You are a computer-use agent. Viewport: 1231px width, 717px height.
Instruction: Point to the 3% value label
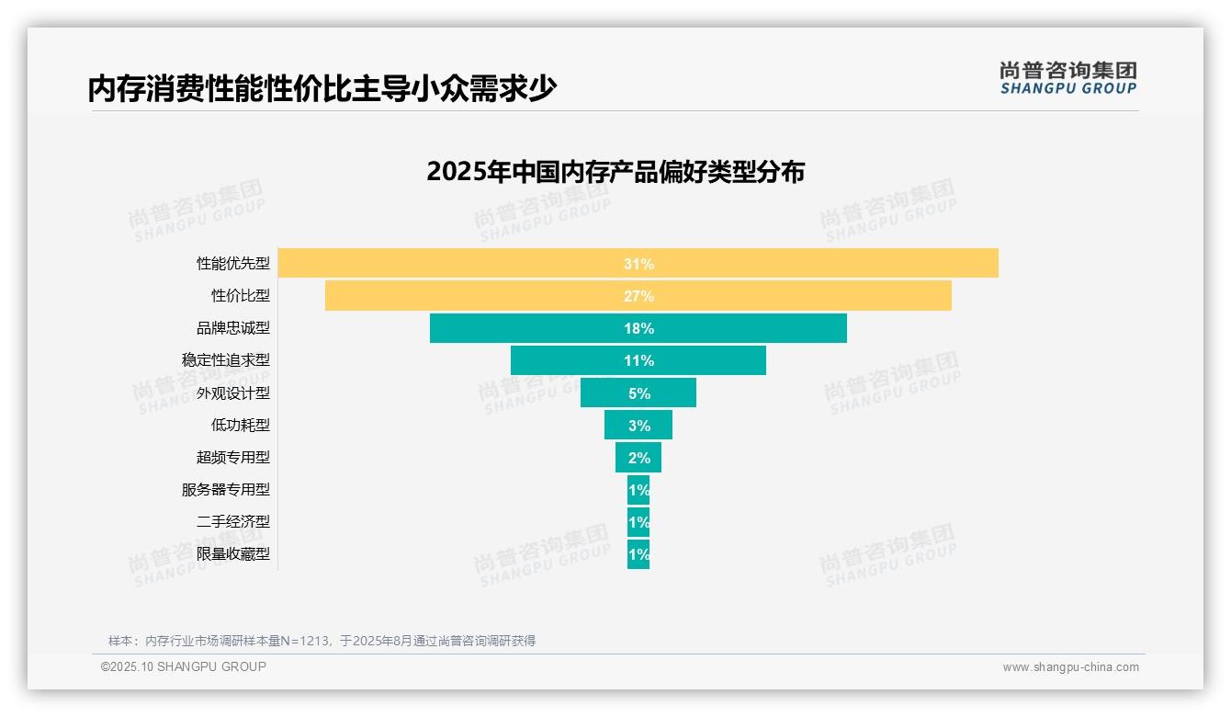tap(638, 426)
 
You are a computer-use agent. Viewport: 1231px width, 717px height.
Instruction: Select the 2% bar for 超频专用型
tap(638, 457)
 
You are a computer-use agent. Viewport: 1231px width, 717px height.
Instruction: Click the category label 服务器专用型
tap(226, 489)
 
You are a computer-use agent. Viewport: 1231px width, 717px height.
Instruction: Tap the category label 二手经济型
tap(233, 521)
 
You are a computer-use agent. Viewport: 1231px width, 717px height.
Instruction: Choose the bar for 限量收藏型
tap(638, 553)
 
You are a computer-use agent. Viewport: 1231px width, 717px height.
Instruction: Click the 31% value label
tap(638, 264)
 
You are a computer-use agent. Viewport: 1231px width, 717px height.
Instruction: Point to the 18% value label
tap(638, 328)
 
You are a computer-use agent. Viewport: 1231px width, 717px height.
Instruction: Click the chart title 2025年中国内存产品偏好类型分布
tap(615, 172)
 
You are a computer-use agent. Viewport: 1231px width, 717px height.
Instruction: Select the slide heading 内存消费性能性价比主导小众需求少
tap(322, 89)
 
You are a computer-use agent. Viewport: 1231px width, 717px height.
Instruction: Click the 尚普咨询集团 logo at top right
tap(1067, 77)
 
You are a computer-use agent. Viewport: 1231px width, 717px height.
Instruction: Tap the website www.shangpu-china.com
tap(1070, 667)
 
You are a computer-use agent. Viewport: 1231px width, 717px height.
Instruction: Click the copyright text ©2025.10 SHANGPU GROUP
tap(184, 666)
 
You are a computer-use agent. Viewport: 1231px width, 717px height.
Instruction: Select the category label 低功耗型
tap(241, 425)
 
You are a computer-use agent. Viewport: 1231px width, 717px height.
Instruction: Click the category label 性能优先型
tap(233, 263)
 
